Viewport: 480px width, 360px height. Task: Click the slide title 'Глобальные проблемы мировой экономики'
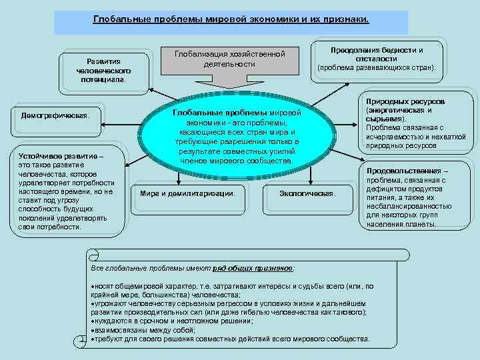click(x=231, y=20)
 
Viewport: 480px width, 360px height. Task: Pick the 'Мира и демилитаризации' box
click(x=188, y=193)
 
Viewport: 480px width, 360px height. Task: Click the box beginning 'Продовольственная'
click(x=409, y=197)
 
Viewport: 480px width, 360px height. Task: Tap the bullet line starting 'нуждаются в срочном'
click(x=173, y=321)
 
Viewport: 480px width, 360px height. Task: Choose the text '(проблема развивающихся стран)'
click(x=377, y=67)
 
